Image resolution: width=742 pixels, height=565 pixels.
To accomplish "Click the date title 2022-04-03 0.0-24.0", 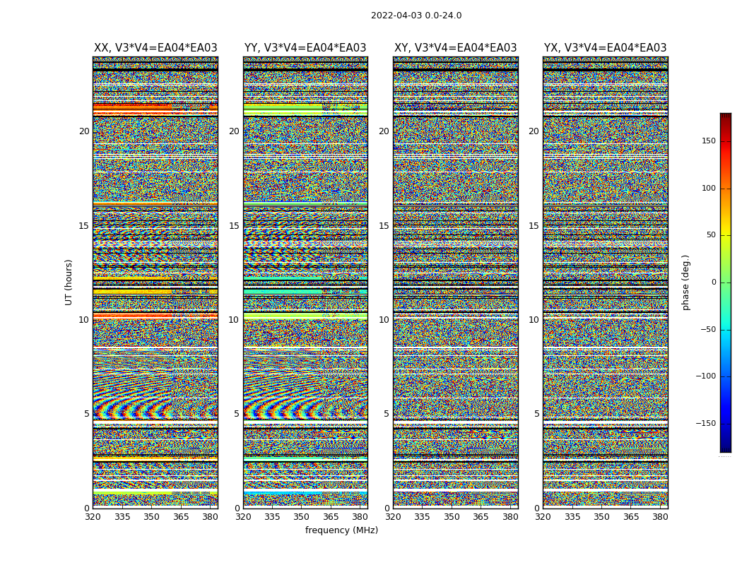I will (x=416, y=16).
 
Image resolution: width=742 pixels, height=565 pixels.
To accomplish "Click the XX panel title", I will (x=155, y=48).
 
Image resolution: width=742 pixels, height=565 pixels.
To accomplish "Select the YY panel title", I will (x=305, y=48).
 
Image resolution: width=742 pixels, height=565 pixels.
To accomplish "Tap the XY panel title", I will (x=455, y=48).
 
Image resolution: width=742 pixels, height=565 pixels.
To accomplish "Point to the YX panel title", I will (x=605, y=48).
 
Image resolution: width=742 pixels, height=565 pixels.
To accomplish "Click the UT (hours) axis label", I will (x=69, y=282).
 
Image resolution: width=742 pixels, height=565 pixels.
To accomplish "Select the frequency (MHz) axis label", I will (x=341, y=530).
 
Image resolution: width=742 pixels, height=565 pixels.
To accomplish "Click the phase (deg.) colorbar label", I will (x=685, y=282).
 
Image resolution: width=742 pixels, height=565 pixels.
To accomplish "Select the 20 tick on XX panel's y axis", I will (x=84, y=131).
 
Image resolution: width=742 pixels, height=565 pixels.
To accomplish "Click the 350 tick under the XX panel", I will (x=151, y=516).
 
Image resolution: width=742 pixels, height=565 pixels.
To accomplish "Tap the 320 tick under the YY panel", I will (x=243, y=516).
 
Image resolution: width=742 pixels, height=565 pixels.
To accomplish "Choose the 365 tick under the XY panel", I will (x=481, y=516).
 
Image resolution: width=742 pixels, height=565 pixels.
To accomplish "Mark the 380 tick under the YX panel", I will (x=660, y=516).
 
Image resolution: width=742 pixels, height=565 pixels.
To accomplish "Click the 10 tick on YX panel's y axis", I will (x=534, y=320).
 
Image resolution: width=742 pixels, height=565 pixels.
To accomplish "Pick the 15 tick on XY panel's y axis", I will (x=384, y=226).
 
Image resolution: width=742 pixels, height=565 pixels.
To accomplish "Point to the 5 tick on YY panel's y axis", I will (x=236, y=414).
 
